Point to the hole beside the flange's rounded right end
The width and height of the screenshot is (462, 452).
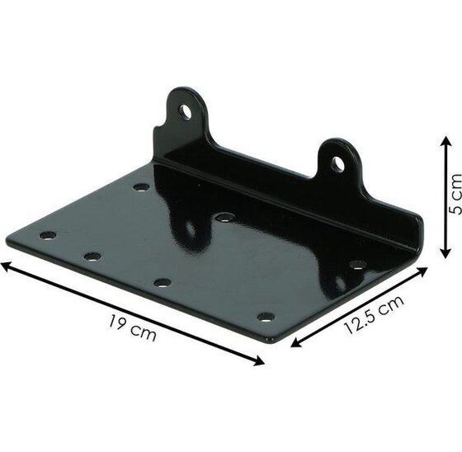click(356, 264)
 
